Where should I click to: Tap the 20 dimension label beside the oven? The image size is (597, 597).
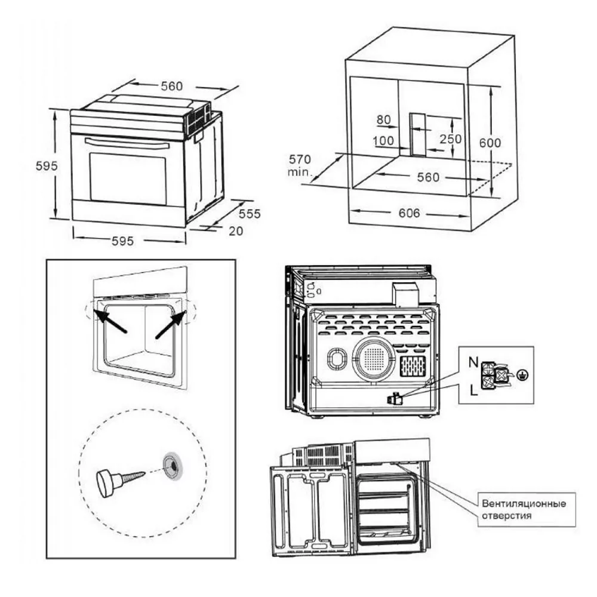pyautogui.click(x=236, y=231)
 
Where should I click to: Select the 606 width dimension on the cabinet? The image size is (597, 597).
pyautogui.click(x=409, y=214)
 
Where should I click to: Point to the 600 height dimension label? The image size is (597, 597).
pyautogui.click(x=490, y=143)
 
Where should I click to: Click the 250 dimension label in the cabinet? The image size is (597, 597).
pyautogui.click(x=451, y=139)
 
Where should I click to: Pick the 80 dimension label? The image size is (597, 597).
pyautogui.click(x=383, y=119)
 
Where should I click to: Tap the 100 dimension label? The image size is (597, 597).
pyautogui.click(x=383, y=141)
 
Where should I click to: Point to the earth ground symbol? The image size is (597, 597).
pyautogui.click(x=523, y=376)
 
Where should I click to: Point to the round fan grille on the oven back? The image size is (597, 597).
pyautogui.click(x=374, y=359)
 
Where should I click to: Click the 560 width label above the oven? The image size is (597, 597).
pyautogui.click(x=171, y=87)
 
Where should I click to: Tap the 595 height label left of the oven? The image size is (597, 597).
pyautogui.click(x=45, y=167)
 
